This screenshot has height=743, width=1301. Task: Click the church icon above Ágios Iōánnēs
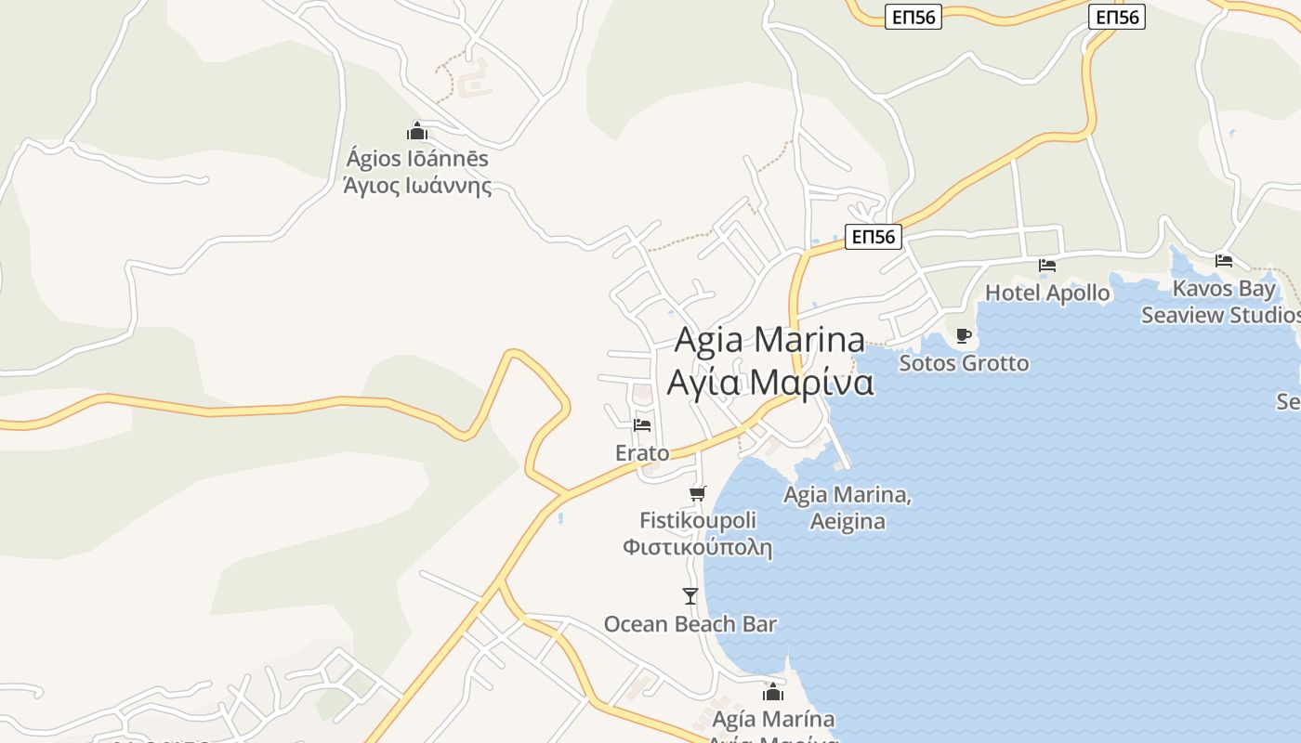(x=417, y=131)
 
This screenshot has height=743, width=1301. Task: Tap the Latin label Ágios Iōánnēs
(x=417, y=159)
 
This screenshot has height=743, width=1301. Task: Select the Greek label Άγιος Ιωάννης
(x=417, y=185)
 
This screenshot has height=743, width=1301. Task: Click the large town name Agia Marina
(x=769, y=340)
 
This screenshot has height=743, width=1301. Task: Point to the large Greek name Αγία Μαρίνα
(x=769, y=382)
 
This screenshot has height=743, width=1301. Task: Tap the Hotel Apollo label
(x=1047, y=293)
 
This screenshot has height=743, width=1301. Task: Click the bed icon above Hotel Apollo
(x=1047, y=266)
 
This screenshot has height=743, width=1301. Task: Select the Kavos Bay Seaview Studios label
(x=1221, y=302)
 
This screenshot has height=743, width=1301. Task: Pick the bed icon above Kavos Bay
(x=1224, y=261)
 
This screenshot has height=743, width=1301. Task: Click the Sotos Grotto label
(x=964, y=363)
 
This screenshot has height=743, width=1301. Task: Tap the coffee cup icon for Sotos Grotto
(x=964, y=335)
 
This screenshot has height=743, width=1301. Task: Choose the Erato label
(x=642, y=453)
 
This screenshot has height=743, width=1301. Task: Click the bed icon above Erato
(x=642, y=425)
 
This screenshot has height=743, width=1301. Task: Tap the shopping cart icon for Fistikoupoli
(x=697, y=493)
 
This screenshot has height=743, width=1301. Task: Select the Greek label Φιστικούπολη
(x=697, y=547)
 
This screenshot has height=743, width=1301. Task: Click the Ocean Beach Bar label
(x=690, y=624)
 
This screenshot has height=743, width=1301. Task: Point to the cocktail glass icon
(x=690, y=596)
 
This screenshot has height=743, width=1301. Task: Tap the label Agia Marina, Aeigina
(x=848, y=508)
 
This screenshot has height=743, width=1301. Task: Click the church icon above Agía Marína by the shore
(x=772, y=692)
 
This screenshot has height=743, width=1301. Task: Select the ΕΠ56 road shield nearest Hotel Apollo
(x=874, y=237)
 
